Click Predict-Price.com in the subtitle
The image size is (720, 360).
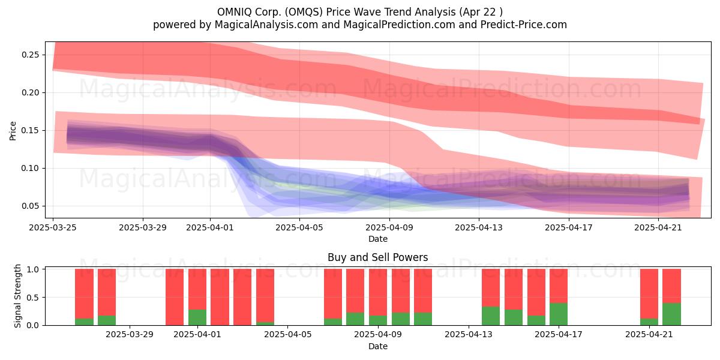(x=524, y=25)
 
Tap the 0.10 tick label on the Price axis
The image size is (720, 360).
(x=30, y=169)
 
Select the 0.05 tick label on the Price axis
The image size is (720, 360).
(x=30, y=206)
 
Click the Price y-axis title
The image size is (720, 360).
(x=13, y=131)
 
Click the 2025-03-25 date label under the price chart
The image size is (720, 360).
(x=53, y=227)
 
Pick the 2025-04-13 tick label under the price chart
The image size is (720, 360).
(x=479, y=227)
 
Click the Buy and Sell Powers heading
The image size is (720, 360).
(x=377, y=257)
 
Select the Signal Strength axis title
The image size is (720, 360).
(x=17, y=296)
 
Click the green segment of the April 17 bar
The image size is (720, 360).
(x=559, y=314)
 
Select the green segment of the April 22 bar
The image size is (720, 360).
(x=672, y=314)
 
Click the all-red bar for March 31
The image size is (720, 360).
(x=175, y=297)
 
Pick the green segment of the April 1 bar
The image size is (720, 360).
(x=197, y=317)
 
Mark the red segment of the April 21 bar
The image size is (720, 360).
(x=649, y=294)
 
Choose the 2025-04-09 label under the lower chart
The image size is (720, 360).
(x=377, y=335)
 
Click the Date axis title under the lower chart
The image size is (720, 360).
(x=377, y=347)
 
